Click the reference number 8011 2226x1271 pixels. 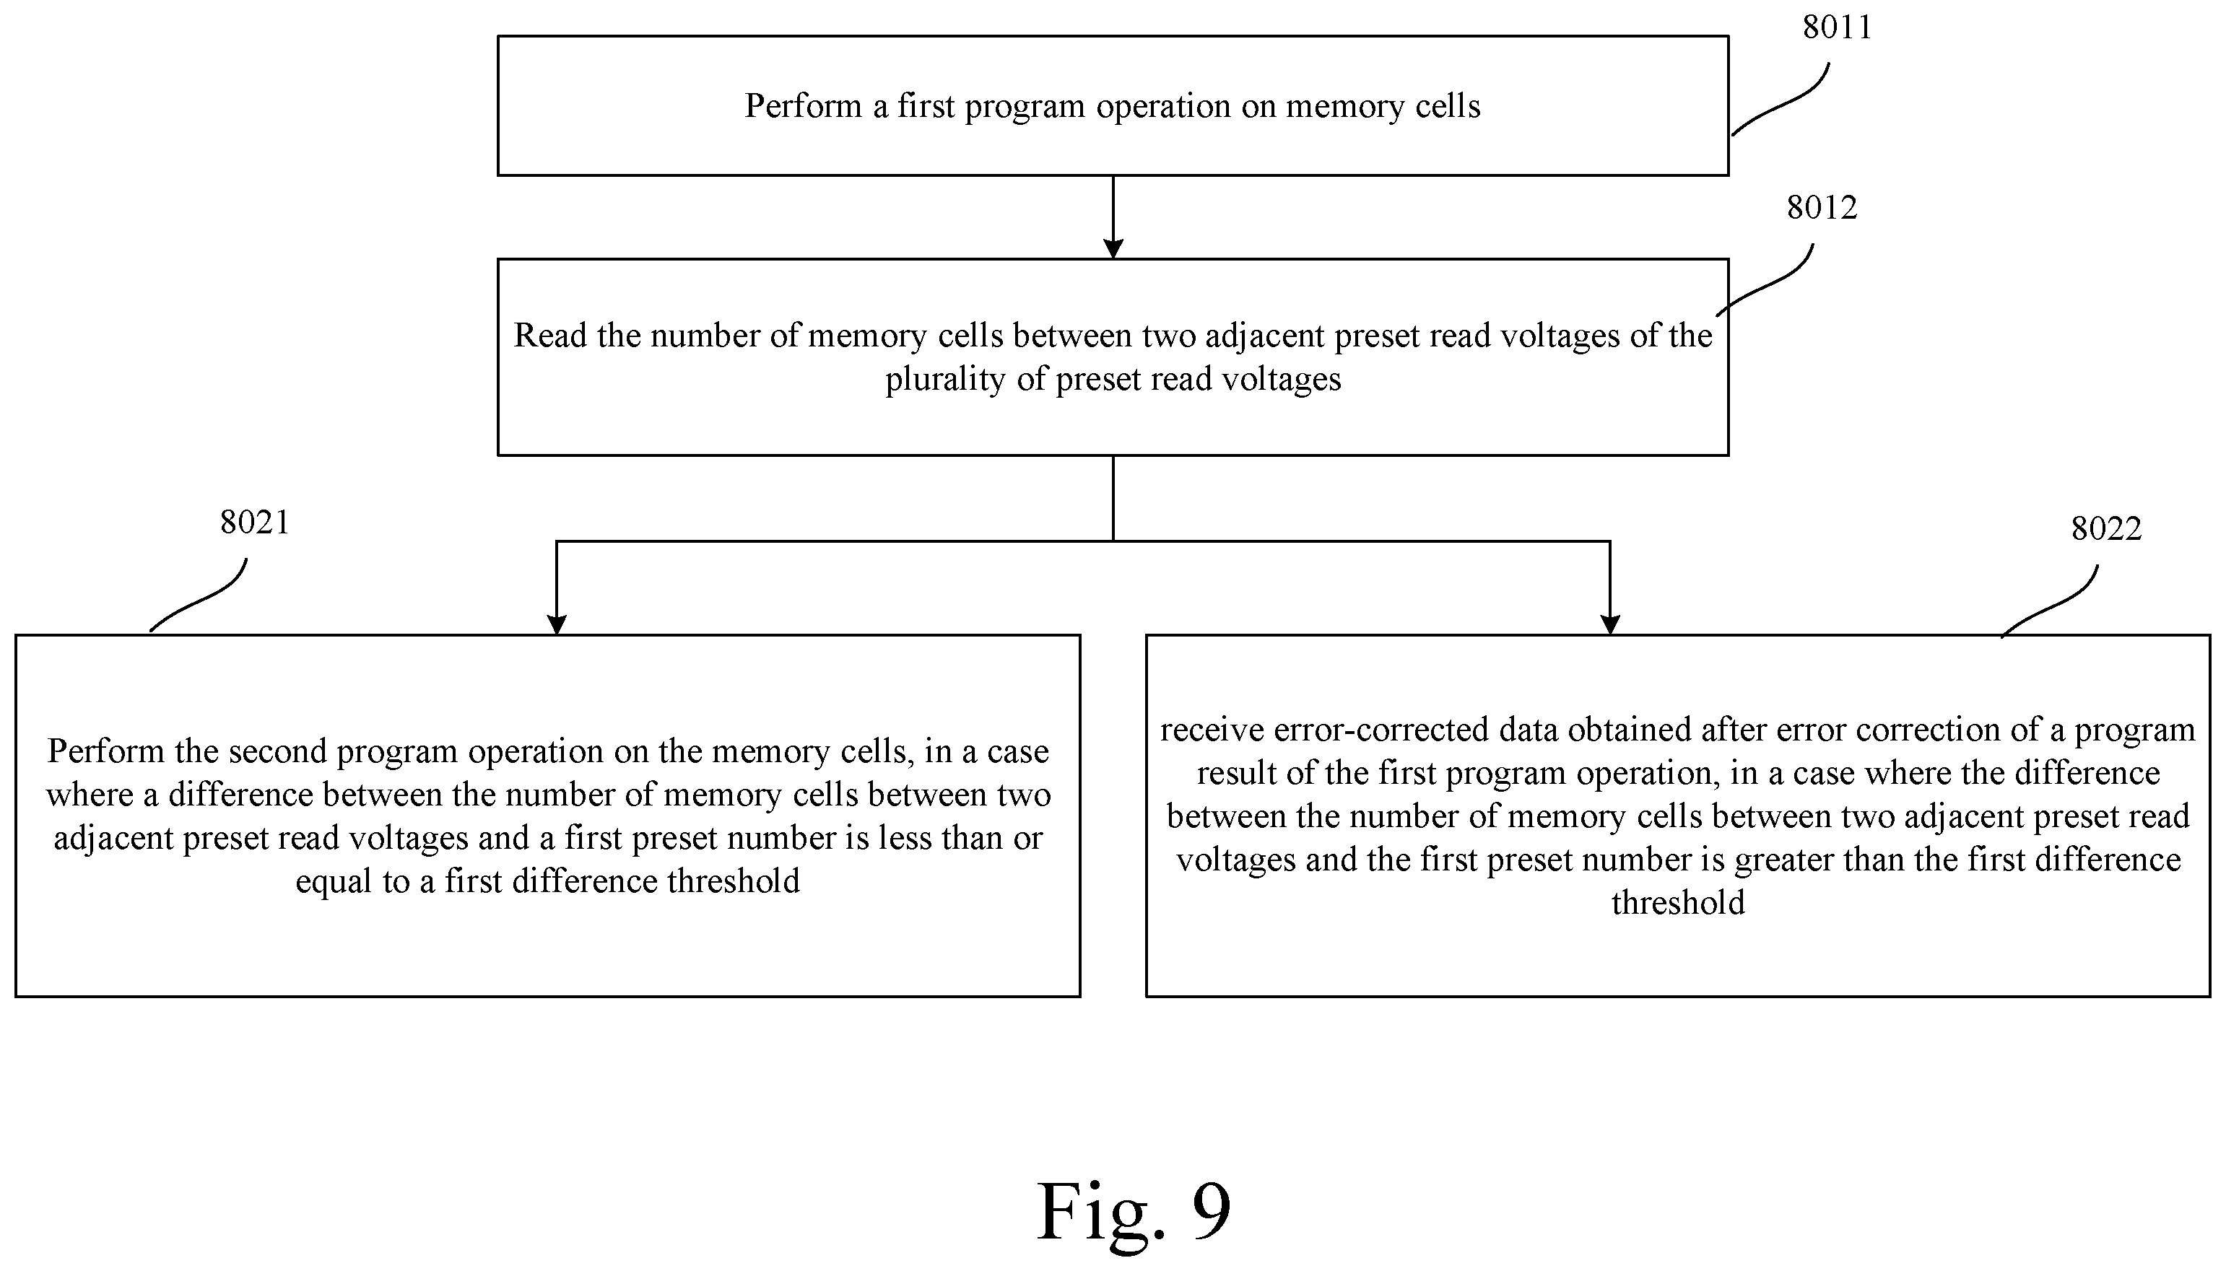click(x=1837, y=28)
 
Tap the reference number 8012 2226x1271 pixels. click(x=1821, y=208)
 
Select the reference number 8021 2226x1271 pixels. click(x=254, y=522)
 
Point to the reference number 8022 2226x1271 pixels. click(x=2105, y=529)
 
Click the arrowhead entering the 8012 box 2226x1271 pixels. click(x=1113, y=248)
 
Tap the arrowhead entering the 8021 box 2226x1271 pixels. click(x=556, y=624)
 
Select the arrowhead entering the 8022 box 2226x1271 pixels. click(x=1609, y=624)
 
